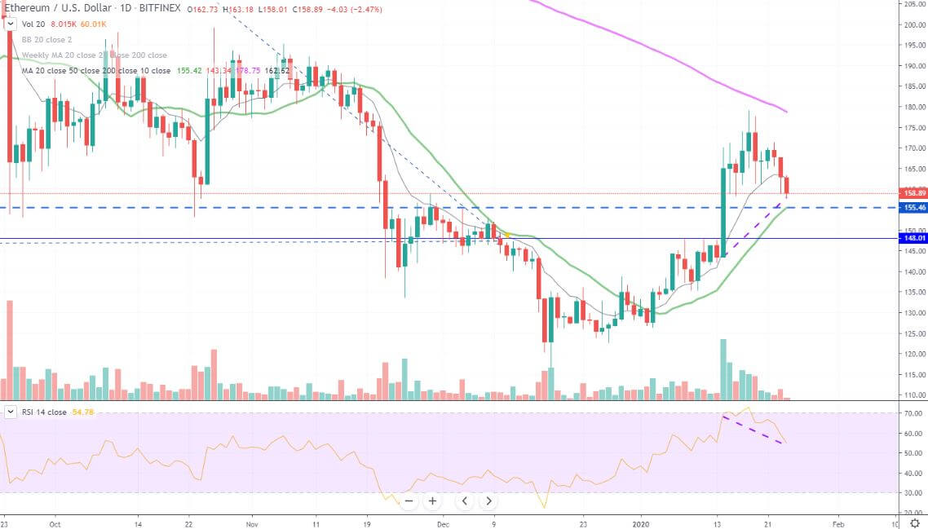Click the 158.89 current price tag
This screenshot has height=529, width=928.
[915, 193]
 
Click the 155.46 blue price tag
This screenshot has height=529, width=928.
[915, 208]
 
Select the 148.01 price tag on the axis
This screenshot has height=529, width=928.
[915, 238]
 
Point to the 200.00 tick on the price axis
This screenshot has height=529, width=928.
[914, 24]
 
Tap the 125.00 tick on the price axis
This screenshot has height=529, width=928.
[914, 333]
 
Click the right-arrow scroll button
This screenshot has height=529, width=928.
[488, 500]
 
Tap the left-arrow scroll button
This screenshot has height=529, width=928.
[464, 500]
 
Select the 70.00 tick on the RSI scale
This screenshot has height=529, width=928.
[914, 413]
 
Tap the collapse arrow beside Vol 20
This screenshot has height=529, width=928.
[10, 24]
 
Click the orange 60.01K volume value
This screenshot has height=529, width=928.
[93, 24]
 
